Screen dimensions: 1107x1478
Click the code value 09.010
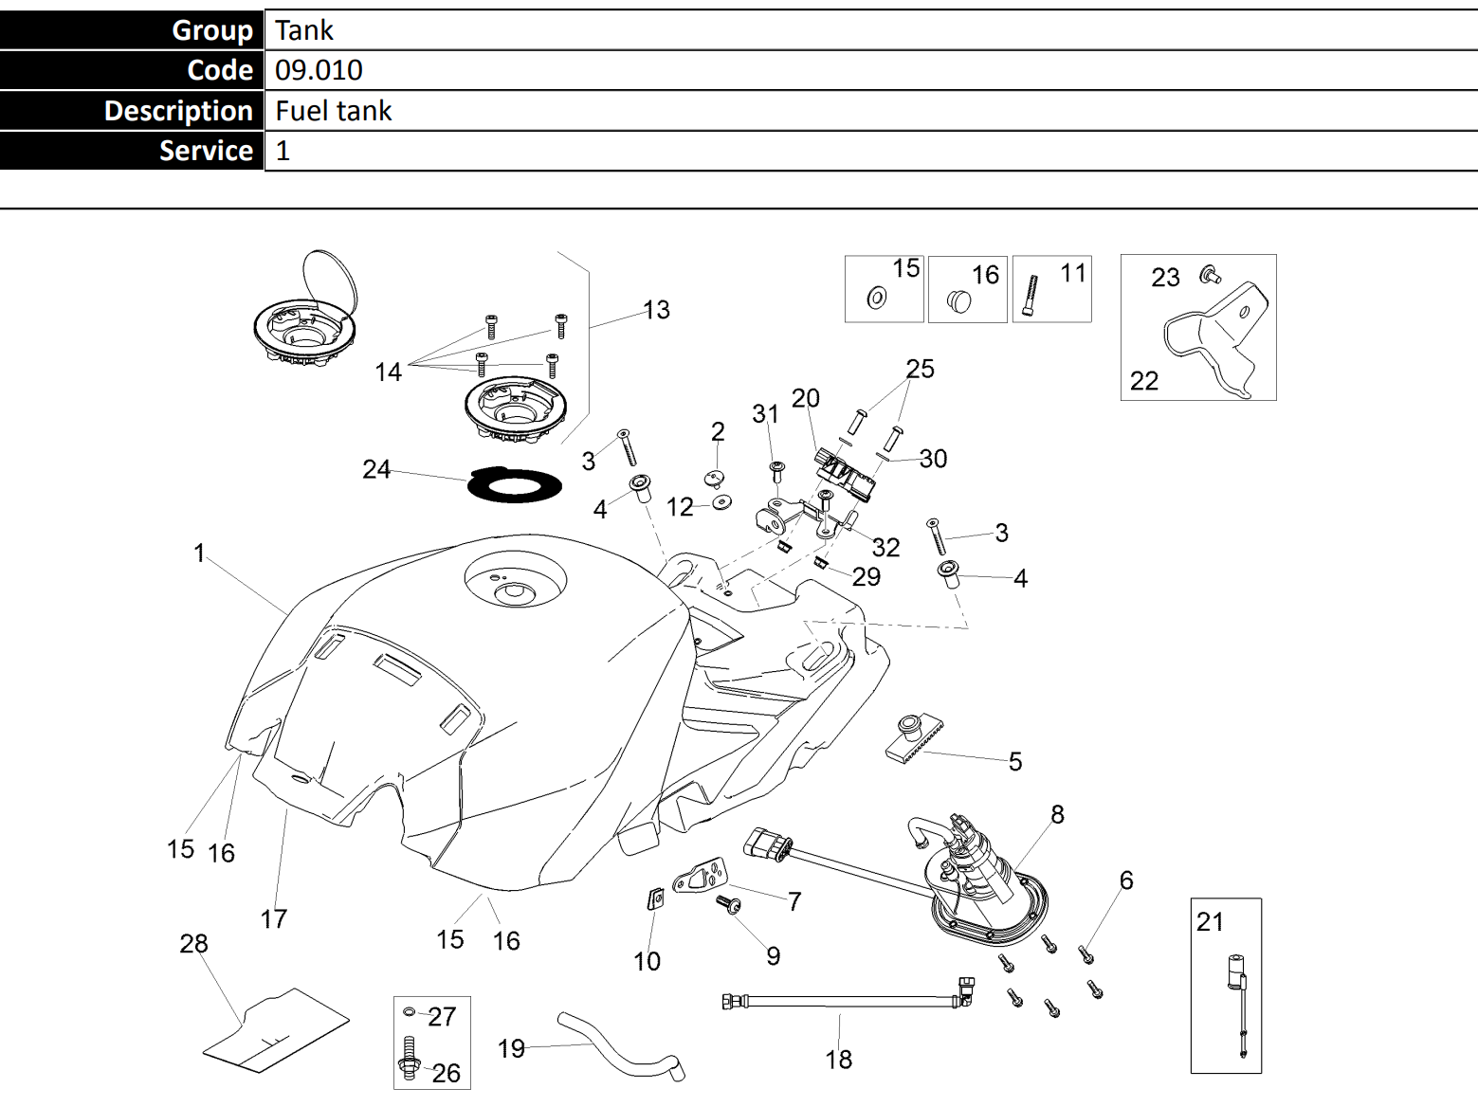pos(319,70)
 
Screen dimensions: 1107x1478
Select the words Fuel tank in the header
pos(333,111)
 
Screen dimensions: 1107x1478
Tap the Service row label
pos(206,151)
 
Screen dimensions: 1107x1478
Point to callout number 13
pos(656,310)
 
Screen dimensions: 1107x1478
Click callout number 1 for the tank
pos(199,553)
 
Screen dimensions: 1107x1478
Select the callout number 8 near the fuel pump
pos(1057,814)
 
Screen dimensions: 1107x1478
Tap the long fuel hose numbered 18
pos(844,999)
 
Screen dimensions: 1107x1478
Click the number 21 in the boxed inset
pos(1210,921)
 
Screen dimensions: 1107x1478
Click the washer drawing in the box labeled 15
pos(877,299)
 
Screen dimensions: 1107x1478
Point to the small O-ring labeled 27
pos(410,1012)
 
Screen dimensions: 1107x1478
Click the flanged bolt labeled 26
pos(411,1061)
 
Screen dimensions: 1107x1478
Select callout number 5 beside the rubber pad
pos(1015,762)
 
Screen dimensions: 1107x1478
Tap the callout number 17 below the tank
pos(274,918)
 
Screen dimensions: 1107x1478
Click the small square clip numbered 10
pos(654,898)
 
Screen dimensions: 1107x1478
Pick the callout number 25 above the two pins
pos(920,369)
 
